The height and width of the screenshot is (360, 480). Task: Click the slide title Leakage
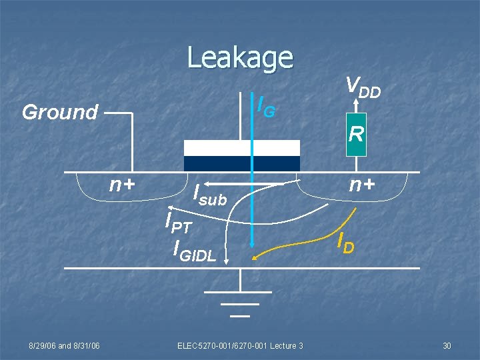click(240, 57)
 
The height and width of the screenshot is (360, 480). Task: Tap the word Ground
click(60, 112)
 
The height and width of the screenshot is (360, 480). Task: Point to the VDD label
click(363, 86)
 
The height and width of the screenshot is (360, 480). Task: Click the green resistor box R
click(356, 135)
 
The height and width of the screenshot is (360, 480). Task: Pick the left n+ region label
click(123, 185)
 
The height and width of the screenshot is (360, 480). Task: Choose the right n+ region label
click(363, 185)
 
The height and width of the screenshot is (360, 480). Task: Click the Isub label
click(209, 195)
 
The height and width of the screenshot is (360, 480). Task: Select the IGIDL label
click(194, 249)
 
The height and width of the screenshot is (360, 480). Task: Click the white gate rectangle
click(241, 147)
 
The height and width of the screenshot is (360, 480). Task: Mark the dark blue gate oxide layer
click(241, 164)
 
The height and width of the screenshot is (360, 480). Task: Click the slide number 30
click(447, 345)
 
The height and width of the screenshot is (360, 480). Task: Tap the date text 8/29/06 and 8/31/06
click(64, 345)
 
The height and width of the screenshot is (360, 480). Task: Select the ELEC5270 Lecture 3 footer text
click(240, 345)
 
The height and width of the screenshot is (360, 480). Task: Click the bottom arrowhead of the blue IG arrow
click(252, 243)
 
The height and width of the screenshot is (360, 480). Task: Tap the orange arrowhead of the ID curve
click(255, 255)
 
